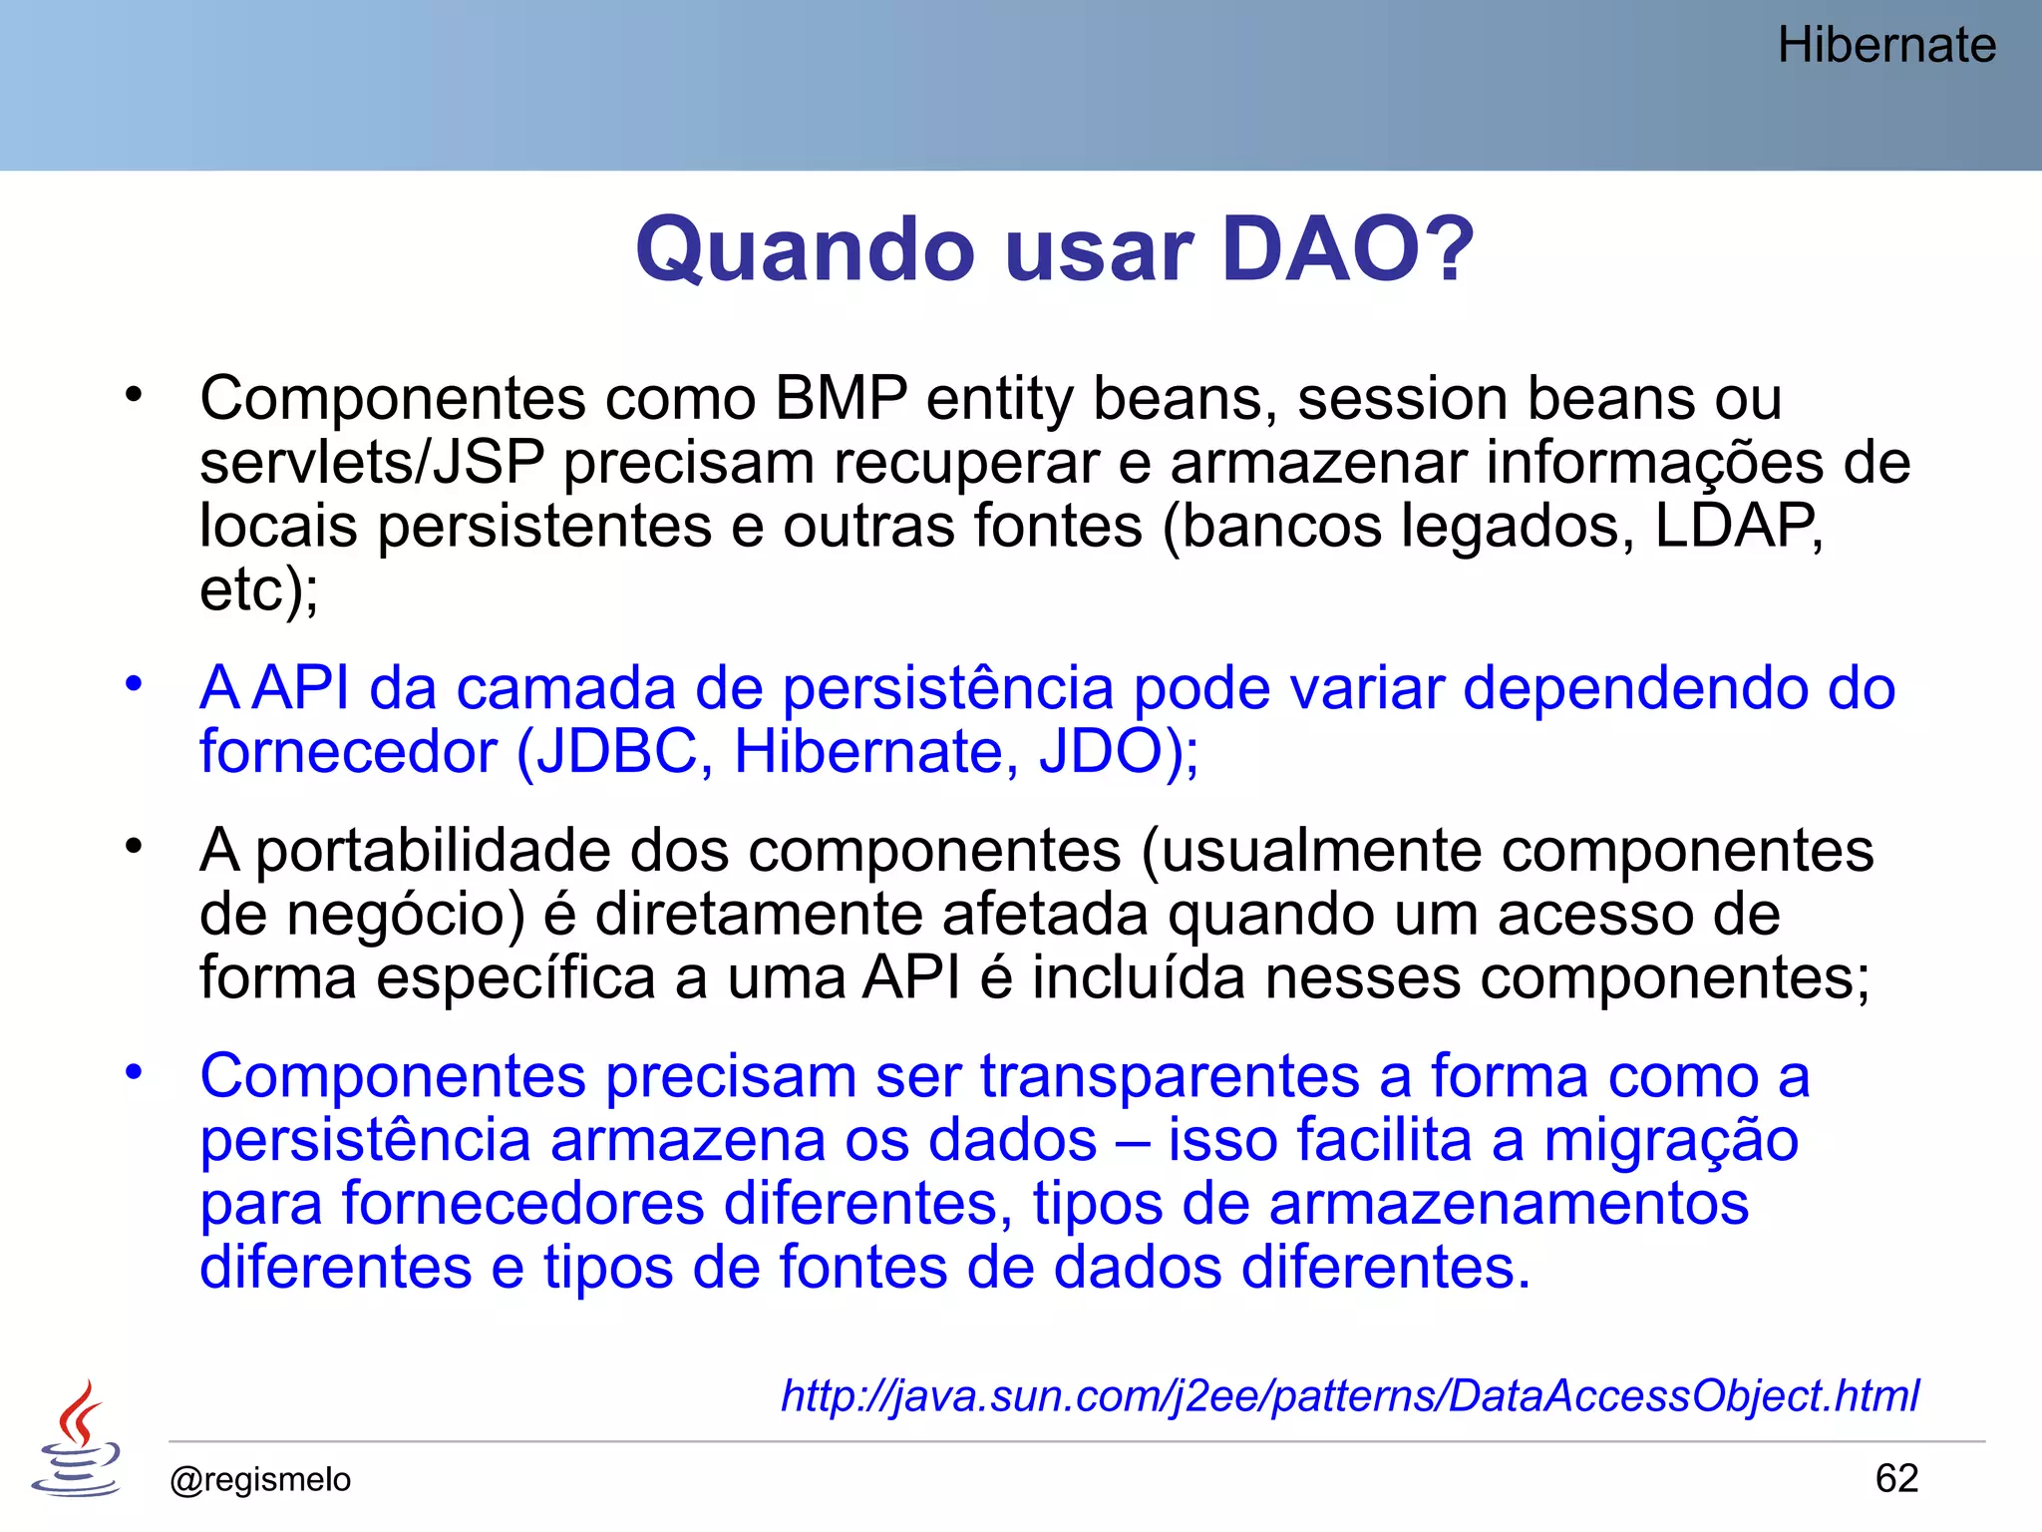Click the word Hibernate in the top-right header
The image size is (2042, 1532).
[1886, 46]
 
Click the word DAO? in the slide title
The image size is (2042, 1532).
[1347, 249]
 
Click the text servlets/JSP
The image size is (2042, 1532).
[372, 463]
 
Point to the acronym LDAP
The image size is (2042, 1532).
[1738, 526]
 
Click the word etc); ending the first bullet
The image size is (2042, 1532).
[259, 590]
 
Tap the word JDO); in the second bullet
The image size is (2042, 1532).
[1119, 751]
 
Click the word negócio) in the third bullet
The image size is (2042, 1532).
[406, 916]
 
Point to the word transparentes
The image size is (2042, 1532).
[1170, 1077]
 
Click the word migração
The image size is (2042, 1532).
[1671, 1141]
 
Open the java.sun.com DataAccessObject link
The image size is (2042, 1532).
[1349, 1395]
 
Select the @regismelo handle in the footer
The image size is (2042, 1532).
[260, 1479]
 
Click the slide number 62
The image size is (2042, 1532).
[1896, 1478]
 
